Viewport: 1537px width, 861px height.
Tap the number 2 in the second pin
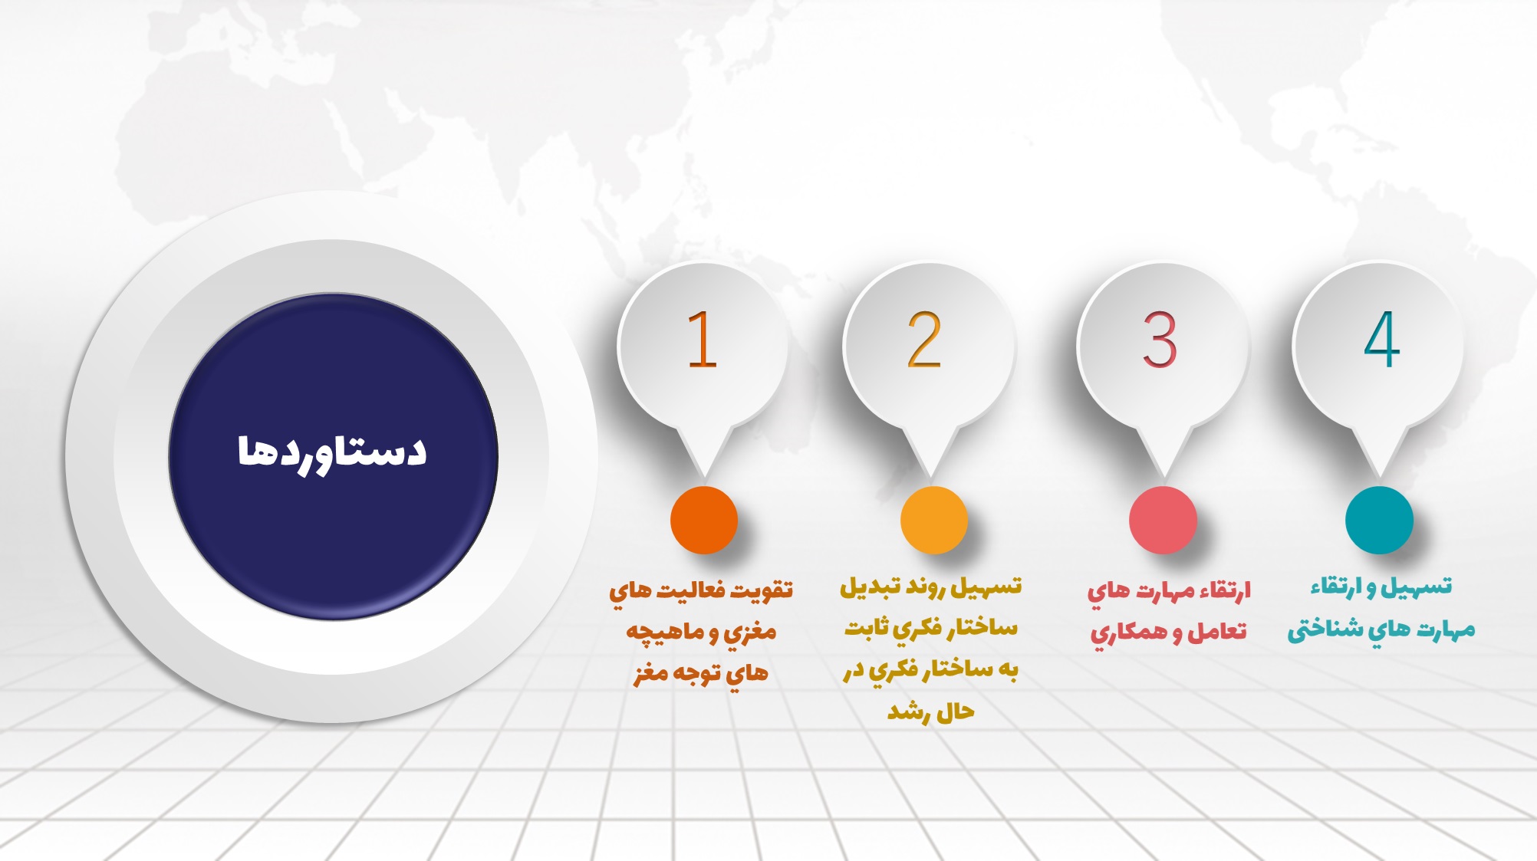(x=924, y=340)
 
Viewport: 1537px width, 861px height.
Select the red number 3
(x=1160, y=340)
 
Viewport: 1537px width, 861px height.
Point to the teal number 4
(x=1382, y=340)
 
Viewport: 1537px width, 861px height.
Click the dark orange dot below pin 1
(x=704, y=520)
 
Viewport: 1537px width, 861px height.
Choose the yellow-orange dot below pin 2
(x=933, y=520)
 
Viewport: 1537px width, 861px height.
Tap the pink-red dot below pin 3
(x=1163, y=520)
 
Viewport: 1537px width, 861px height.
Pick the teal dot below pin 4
(x=1379, y=520)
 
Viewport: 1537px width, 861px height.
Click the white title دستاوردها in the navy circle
(x=331, y=452)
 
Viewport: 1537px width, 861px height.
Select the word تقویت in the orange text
(x=762, y=590)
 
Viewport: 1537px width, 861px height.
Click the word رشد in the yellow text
(x=908, y=712)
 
